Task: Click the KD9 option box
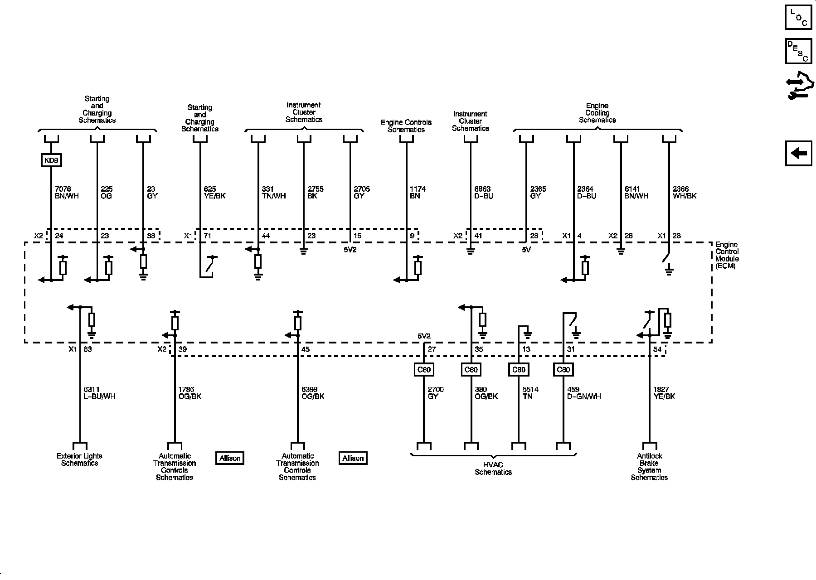pos(51,160)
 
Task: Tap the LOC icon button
pos(798,17)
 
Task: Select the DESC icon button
pos(798,51)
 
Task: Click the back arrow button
pos(798,154)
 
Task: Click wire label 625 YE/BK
pos(215,193)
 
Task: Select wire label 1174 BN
pos(417,193)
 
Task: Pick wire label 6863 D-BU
pos(484,193)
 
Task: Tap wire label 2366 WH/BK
pos(685,193)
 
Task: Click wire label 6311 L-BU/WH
pos(100,393)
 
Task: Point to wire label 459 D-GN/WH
pos(584,393)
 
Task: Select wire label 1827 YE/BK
pos(664,393)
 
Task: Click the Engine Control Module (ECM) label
pos(727,255)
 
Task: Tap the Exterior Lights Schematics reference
pos(79,459)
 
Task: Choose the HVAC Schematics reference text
pos(493,469)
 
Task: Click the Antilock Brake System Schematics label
pos(649,467)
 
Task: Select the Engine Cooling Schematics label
pos(597,113)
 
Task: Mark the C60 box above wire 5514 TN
pos(518,370)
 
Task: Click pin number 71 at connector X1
pos(208,236)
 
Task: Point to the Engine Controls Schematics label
pos(406,126)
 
